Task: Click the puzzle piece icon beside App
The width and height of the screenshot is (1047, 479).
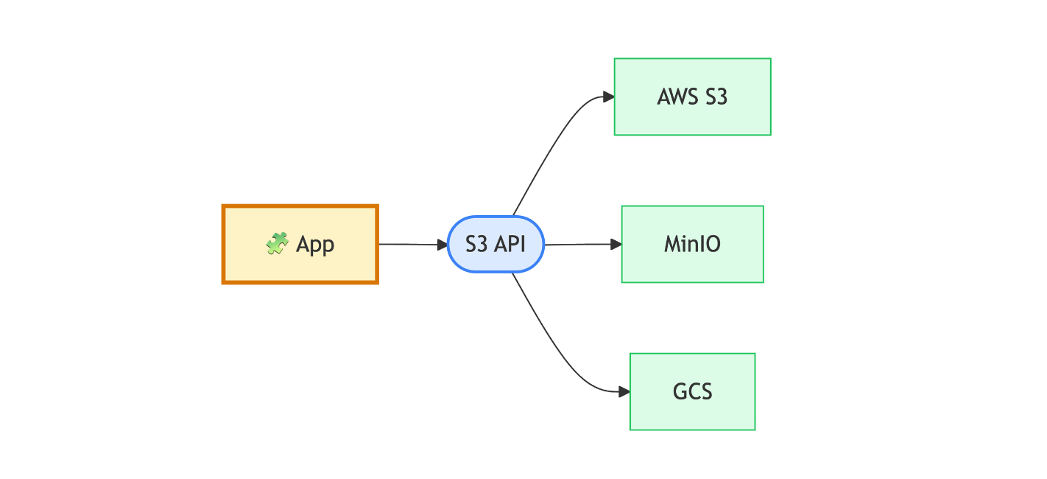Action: coord(277,244)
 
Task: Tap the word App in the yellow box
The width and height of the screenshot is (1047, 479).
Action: coord(315,245)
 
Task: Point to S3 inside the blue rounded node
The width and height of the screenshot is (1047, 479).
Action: coord(478,244)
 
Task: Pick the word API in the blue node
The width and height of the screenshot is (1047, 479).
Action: coord(510,244)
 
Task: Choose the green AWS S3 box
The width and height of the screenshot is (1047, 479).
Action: coord(692,118)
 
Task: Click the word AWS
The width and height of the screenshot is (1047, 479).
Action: coord(677,97)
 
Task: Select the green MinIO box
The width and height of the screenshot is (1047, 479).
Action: coord(692,265)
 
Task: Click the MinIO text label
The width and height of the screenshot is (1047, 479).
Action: coord(692,244)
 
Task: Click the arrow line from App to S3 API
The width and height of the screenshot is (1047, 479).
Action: coord(409,244)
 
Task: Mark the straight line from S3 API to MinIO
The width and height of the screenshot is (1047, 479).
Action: coord(578,244)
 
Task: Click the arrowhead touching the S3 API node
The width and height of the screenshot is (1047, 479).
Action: coord(443,244)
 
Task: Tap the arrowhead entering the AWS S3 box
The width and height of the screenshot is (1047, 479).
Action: coord(609,97)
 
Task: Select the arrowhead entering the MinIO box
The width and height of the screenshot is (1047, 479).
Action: coord(617,244)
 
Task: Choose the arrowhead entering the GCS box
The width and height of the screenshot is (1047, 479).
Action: coord(624,391)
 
